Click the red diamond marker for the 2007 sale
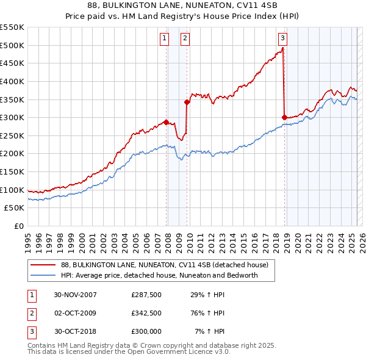coord(166,122)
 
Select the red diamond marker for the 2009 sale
coord(187,103)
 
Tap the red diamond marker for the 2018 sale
coord(284,118)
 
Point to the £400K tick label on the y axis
coord(13,81)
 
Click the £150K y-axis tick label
coord(13,171)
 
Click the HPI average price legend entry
coord(159,275)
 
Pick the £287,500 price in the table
coord(146,295)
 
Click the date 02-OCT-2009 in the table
coord(76,313)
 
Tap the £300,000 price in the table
coord(146,331)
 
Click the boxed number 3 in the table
coord(30,331)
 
